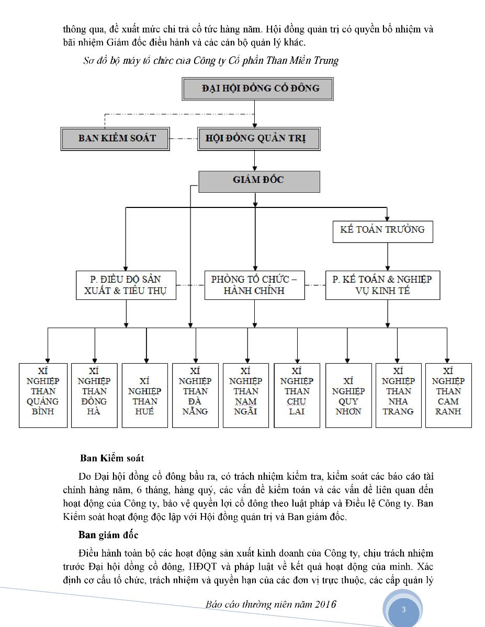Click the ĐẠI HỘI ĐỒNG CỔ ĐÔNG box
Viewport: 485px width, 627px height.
coord(257,89)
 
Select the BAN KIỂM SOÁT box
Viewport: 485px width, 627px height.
coord(115,139)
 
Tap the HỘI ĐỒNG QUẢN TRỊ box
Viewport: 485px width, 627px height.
coord(259,139)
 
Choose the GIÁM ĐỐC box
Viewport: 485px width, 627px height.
coord(259,182)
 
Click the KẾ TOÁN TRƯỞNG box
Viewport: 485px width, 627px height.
coord(383,231)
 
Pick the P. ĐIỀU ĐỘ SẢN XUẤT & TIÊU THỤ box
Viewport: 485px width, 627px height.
coord(126,285)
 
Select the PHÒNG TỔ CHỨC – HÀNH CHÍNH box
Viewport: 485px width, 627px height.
coord(254,285)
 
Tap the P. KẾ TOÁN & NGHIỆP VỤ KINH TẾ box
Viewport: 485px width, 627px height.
coord(383,285)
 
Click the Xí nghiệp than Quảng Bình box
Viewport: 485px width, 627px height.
coord(43,396)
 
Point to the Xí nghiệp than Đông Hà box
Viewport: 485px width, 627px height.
coord(95,396)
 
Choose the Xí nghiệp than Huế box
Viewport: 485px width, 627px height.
coord(145,396)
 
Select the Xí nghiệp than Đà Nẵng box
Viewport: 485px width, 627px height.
coord(195,396)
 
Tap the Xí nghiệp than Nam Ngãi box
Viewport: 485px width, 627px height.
coord(246,396)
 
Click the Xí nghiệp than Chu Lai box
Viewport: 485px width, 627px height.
coord(297,396)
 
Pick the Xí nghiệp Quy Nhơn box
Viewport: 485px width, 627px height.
coord(348,396)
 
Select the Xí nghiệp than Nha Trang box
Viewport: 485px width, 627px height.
coord(399,396)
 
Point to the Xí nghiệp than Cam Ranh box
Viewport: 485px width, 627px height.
coord(448,396)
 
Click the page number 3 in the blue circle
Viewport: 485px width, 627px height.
coord(403,609)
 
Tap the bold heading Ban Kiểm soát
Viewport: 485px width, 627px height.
coord(112,458)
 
